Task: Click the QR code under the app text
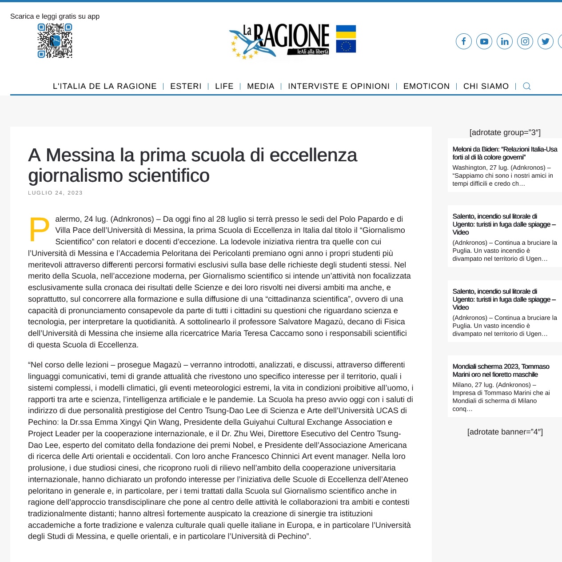pos(55,41)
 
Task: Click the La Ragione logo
pos(280,41)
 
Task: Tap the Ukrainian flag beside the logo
pos(346,32)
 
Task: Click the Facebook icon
pos(463,41)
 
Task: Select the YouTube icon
pos(484,41)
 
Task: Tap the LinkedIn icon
pos(504,41)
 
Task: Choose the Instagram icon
pos(525,41)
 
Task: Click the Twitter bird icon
pos(545,41)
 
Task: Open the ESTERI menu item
pos(186,86)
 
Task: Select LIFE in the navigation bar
pos(224,86)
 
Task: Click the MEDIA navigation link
pos(260,86)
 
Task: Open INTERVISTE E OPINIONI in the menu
pos(339,86)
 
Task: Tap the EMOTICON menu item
pos(426,86)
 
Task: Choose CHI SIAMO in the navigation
pos(486,86)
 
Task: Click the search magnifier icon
pos(526,86)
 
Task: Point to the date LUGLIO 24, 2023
pos(56,193)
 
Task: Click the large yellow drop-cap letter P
pos(39,230)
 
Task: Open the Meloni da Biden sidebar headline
pos(505,153)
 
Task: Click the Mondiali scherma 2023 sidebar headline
pos(501,371)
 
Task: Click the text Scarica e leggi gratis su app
pos(55,16)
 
